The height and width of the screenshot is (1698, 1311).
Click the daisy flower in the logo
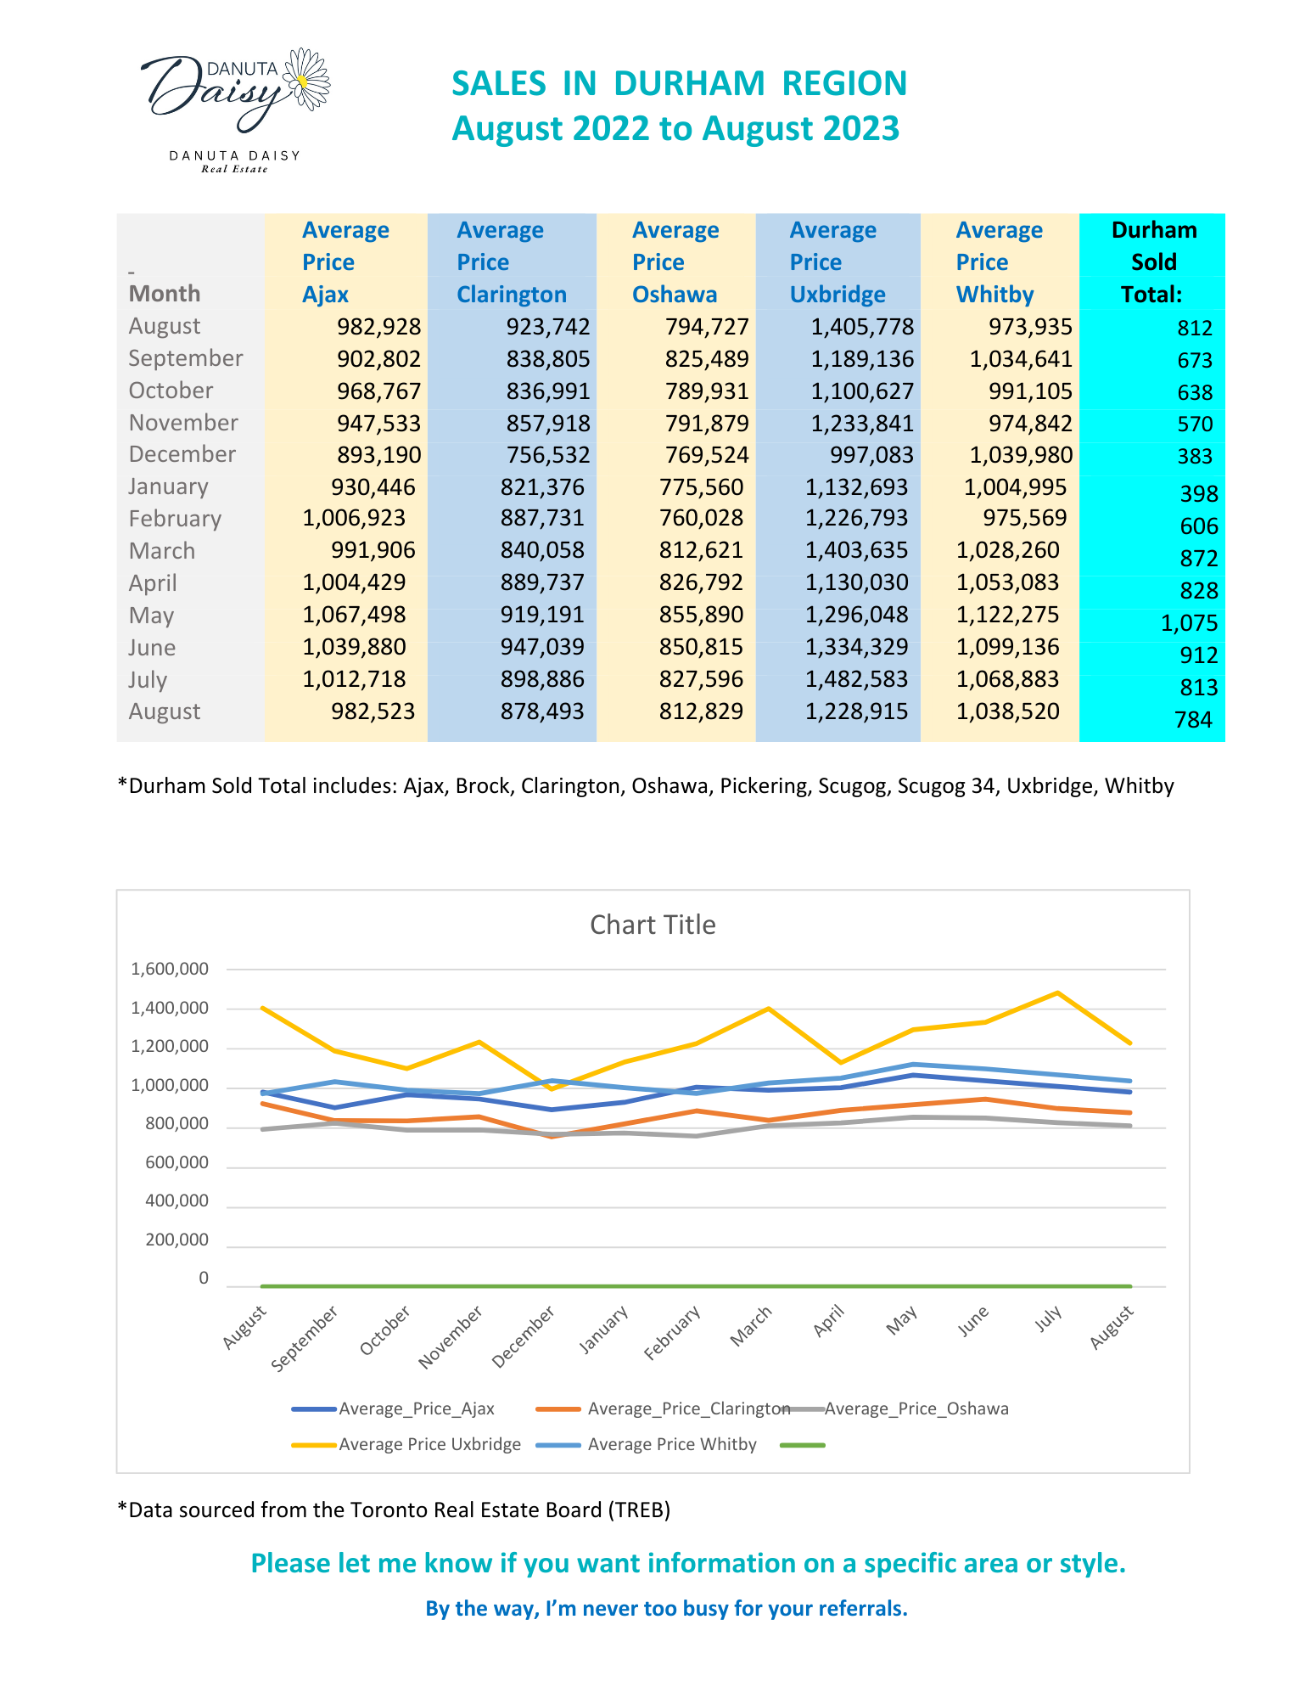(x=305, y=78)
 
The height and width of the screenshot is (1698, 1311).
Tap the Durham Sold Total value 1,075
(x=1189, y=623)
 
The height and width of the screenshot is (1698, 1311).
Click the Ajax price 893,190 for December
(x=378, y=455)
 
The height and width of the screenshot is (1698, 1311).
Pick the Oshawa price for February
(x=701, y=518)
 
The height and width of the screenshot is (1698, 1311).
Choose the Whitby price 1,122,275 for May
(x=1007, y=615)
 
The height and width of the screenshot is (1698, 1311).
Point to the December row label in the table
(x=182, y=454)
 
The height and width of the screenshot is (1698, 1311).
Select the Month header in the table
(x=165, y=294)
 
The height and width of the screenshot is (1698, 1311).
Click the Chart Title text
(x=653, y=925)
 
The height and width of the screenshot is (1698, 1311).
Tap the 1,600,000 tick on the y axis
(x=170, y=969)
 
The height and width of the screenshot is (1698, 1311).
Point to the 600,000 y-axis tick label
(x=176, y=1162)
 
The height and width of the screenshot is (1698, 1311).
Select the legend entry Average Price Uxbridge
(x=406, y=1444)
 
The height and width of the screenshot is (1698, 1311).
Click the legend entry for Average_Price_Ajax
(x=393, y=1408)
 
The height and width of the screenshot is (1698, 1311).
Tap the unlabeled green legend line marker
(x=802, y=1445)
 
